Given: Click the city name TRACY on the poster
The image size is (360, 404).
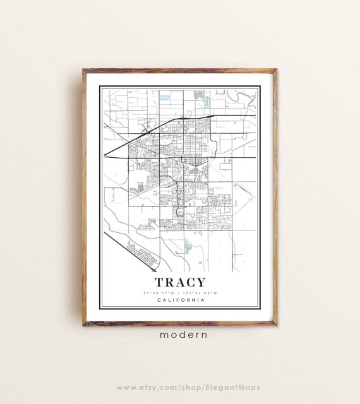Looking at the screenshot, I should (179, 282).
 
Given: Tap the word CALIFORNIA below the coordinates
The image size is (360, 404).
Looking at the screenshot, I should (179, 300).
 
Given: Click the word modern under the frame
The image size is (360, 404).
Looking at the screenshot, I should (179, 335).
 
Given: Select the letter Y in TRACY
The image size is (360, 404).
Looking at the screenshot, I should (200, 282).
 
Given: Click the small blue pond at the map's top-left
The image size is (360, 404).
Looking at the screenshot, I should (165, 98).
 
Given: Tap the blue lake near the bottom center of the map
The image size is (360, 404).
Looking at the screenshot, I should (188, 246).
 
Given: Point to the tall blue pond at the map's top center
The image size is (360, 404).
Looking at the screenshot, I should (198, 95).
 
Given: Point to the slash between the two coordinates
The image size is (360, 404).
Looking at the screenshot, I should (179, 293).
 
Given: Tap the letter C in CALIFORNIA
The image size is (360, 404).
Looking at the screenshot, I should (156, 300).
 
